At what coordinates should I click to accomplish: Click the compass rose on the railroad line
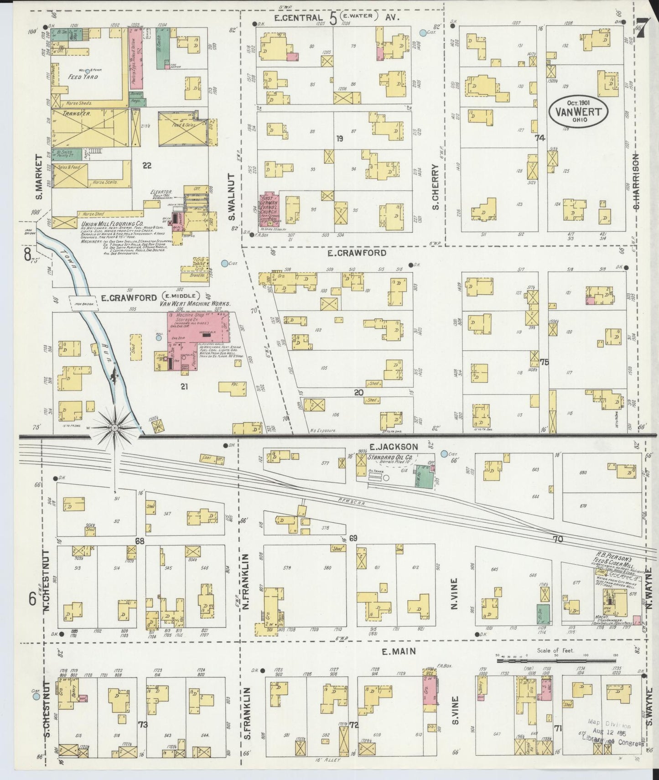pyautogui.click(x=114, y=427)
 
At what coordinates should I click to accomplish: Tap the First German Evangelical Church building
pyautogui.click(x=269, y=209)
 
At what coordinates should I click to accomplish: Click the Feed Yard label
pyautogui.click(x=83, y=77)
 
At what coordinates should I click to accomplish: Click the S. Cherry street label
pyautogui.click(x=436, y=187)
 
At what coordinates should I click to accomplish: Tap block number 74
pyautogui.click(x=540, y=138)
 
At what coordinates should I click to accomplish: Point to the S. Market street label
pyautogui.click(x=38, y=177)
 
